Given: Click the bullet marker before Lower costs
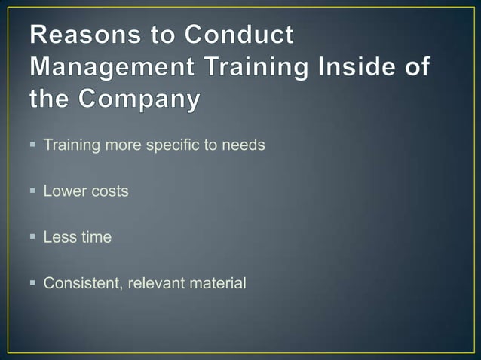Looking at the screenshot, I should tap(34, 191).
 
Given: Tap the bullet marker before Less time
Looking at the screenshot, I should tap(34, 237).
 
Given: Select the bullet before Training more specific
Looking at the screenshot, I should tap(34, 144).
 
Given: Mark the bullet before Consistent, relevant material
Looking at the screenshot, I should tap(34, 284).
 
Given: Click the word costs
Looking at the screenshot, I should tap(110, 191).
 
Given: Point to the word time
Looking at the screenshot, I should tap(96, 238).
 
